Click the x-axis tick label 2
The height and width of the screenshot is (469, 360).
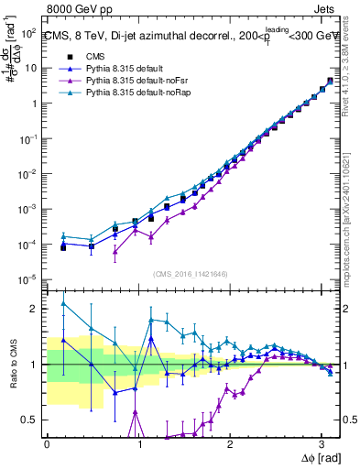point(230,443)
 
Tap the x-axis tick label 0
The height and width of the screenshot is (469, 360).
point(47,443)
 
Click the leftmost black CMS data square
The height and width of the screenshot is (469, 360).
point(63,247)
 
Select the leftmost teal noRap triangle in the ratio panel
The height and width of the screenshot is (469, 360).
point(63,303)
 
